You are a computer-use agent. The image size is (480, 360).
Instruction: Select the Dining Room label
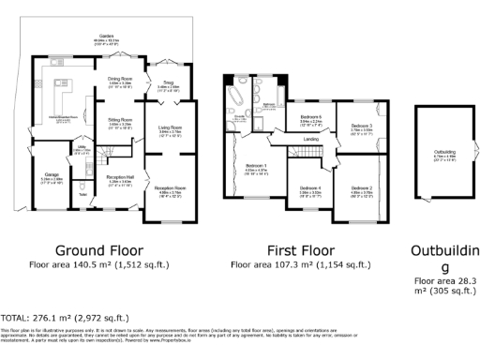120,79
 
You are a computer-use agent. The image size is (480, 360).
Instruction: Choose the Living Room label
170,130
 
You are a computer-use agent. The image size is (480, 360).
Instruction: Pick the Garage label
51,174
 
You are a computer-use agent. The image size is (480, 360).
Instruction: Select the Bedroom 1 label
256,166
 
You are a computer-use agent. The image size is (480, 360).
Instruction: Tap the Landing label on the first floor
311,140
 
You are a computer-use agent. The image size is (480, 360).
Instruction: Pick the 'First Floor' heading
303,250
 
